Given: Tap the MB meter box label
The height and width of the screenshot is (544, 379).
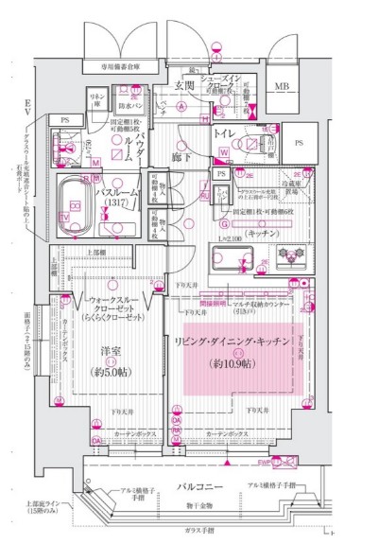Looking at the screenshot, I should click(282, 87).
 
